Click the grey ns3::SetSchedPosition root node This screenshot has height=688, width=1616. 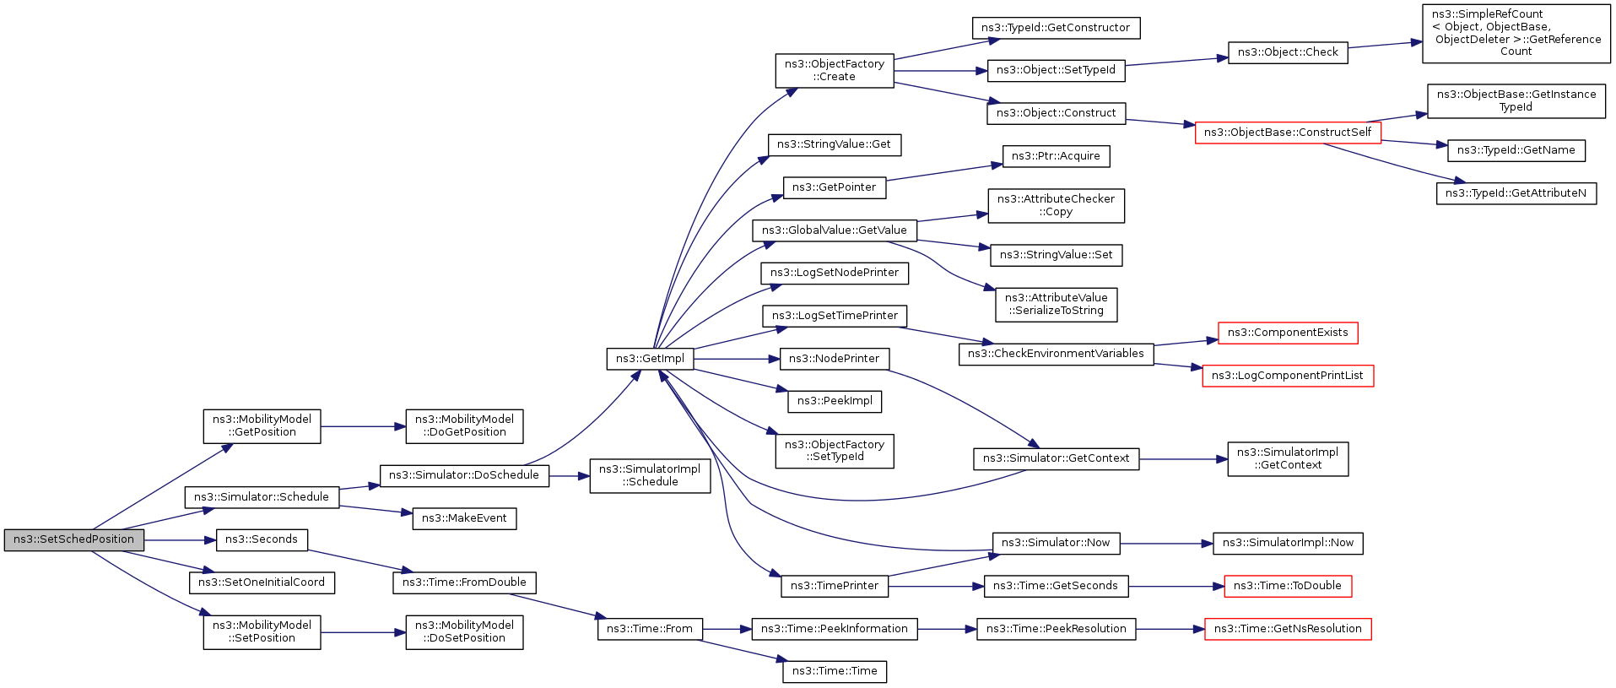pyautogui.click(x=74, y=540)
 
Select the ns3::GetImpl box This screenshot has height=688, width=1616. pyautogui.click(x=650, y=359)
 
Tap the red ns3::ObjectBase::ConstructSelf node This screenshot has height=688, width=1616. pyautogui.click(x=1288, y=133)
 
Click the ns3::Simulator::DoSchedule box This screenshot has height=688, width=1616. pyautogui.click(x=464, y=475)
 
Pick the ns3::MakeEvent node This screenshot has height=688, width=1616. pyautogui.click(x=464, y=518)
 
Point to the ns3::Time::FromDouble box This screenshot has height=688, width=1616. pyautogui.click(x=464, y=582)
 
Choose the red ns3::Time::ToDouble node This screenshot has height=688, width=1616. pyautogui.click(x=1288, y=586)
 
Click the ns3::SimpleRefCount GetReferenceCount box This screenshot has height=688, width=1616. pyautogui.click(x=1516, y=34)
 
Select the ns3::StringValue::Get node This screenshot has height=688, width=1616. pyautogui.click(x=834, y=144)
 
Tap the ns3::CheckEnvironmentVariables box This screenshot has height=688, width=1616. pyautogui.click(x=1056, y=354)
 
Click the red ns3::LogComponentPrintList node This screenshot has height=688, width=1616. pyautogui.click(x=1288, y=376)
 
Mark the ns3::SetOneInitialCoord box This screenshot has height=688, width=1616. pyautogui.click(x=262, y=582)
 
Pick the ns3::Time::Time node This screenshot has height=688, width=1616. pyautogui.click(x=835, y=671)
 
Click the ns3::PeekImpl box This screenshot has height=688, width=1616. pyautogui.click(x=835, y=401)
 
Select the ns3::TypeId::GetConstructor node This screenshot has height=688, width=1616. pyautogui.click(x=1056, y=28)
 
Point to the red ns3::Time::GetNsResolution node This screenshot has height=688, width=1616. pyautogui.click(x=1288, y=629)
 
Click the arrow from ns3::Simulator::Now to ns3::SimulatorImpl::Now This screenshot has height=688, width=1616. pyautogui.click(x=1166, y=544)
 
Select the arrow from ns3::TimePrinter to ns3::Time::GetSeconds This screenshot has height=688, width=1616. pyautogui.click(x=936, y=586)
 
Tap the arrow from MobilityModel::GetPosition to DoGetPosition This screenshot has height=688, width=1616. pyautogui.click(x=363, y=427)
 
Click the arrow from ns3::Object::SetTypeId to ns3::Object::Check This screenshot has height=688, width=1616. pyautogui.click(x=1176, y=61)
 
